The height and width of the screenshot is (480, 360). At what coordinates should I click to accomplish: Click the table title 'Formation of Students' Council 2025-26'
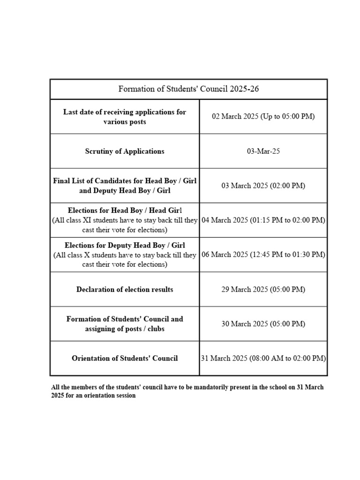coord(188,89)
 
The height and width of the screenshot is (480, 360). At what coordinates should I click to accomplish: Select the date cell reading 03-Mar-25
coord(263,151)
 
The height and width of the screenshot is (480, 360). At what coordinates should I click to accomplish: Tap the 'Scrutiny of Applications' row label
coord(125,151)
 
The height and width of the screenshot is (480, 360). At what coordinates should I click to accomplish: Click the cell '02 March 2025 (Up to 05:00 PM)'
coord(263,116)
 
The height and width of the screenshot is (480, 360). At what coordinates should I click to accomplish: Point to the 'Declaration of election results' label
coord(125,289)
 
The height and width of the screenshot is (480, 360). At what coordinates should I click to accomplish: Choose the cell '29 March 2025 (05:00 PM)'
coord(263,289)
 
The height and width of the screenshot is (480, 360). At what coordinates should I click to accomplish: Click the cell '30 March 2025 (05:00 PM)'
coord(263,324)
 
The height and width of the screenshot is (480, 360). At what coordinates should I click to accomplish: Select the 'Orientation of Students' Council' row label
coord(125,358)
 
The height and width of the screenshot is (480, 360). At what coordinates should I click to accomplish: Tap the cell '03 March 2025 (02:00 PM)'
coord(263,186)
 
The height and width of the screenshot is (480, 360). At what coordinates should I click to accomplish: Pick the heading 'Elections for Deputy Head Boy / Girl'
coord(125,245)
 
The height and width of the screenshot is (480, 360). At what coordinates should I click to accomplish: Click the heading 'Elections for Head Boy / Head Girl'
coord(125,210)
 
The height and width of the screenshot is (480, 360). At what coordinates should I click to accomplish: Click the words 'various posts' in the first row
coord(125,122)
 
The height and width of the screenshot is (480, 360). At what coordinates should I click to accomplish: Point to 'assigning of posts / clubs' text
coord(125,329)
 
